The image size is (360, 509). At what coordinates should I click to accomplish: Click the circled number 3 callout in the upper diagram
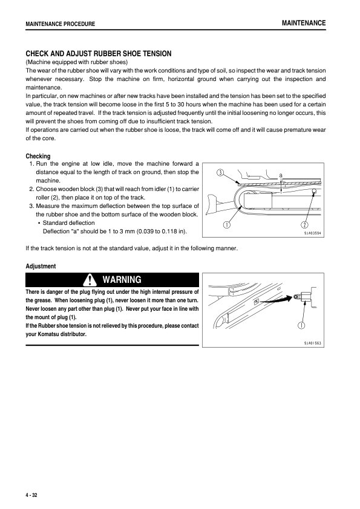click(221, 173)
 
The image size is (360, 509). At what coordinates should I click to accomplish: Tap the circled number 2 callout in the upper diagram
click(305, 225)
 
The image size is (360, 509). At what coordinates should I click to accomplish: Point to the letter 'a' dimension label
click(281, 174)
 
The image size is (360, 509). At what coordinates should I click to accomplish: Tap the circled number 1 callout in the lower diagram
click(301, 326)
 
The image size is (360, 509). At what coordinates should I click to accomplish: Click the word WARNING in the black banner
click(122, 280)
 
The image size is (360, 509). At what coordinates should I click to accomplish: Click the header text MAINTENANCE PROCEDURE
click(60, 24)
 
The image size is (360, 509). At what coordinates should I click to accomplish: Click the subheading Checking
click(38, 157)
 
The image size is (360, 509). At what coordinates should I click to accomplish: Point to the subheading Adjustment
click(41, 266)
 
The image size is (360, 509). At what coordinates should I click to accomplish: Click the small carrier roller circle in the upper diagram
click(315, 192)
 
